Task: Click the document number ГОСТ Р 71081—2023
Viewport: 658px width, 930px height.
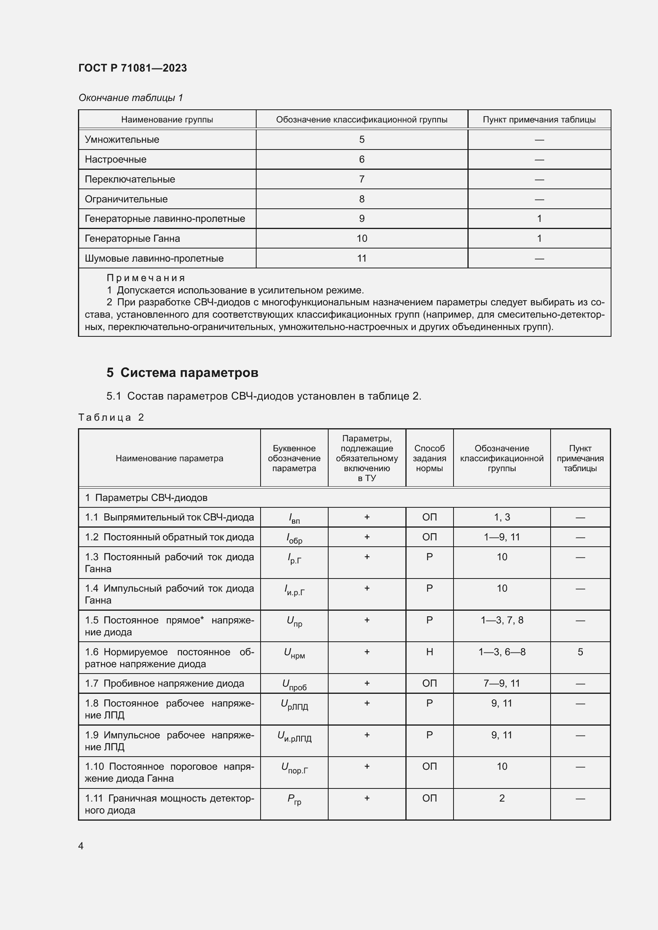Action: point(132,68)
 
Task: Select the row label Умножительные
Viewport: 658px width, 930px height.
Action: point(122,139)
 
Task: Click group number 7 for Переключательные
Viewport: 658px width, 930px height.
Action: point(361,179)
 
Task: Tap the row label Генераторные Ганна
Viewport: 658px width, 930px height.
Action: point(132,239)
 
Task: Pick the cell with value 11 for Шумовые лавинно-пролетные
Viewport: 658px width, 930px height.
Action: point(361,258)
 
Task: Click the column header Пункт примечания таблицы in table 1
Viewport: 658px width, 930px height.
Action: point(539,120)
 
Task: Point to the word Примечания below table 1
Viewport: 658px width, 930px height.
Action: point(146,278)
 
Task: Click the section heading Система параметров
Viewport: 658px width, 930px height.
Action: point(189,372)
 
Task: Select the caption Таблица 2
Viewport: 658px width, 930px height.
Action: point(111,417)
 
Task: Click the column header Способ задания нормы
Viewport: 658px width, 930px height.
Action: point(429,458)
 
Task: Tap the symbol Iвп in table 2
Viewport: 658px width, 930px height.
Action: point(294,518)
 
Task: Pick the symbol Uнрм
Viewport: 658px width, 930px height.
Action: point(294,653)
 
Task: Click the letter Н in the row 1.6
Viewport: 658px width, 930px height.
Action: point(429,652)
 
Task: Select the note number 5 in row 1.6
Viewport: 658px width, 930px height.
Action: point(580,652)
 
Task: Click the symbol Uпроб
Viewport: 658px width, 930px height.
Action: point(294,685)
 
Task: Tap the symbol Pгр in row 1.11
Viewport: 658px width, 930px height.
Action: point(294,799)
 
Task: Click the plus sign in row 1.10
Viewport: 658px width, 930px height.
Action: point(367,766)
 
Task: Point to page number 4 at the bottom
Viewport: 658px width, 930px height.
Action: point(81,846)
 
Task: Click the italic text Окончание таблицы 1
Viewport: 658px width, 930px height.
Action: point(130,98)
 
